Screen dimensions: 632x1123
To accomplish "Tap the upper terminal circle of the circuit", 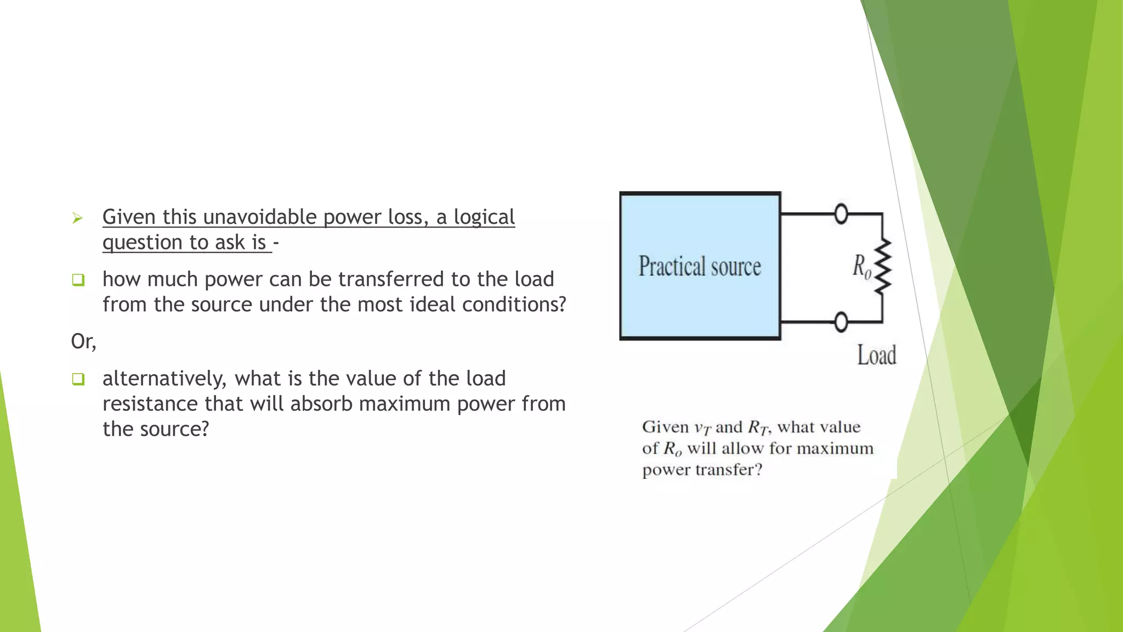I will tap(841, 213).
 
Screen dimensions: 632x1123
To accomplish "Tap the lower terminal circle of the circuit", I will tap(841, 321).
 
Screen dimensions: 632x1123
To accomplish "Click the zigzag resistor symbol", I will tap(882, 267).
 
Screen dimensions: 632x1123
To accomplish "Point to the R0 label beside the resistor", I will tap(861, 267).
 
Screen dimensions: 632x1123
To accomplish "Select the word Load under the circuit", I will tap(877, 355).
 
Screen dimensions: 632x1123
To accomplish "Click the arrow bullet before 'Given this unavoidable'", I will tap(77, 218).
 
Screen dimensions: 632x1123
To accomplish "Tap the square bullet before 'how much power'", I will tap(78, 280).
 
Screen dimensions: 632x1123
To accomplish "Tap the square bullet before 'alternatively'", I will tap(78, 379).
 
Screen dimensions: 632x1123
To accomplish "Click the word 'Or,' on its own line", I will tap(83, 341).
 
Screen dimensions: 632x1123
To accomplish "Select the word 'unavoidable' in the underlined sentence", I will tap(260, 217).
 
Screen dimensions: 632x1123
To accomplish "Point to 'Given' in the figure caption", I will tap(665, 427).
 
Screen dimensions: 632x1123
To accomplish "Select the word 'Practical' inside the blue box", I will tap(672, 267).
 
